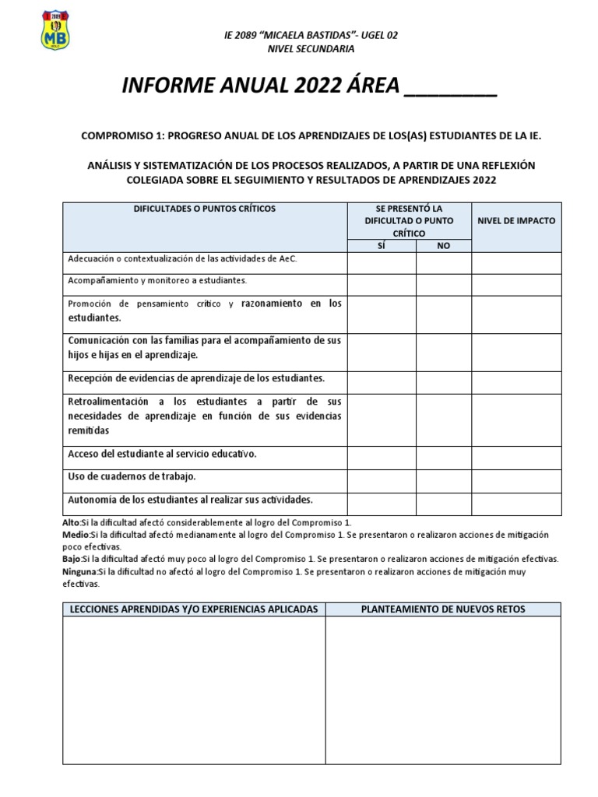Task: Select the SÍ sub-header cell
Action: [x=382, y=245]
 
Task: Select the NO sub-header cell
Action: [x=444, y=245]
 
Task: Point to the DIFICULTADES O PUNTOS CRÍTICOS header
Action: [x=204, y=209]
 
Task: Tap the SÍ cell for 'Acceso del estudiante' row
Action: [x=382, y=454]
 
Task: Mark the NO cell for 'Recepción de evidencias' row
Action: [x=444, y=379]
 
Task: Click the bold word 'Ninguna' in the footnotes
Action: [x=79, y=571]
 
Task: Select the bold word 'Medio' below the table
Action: [x=76, y=535]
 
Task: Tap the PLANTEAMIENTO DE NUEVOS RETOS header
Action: [x=443, y=609]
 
